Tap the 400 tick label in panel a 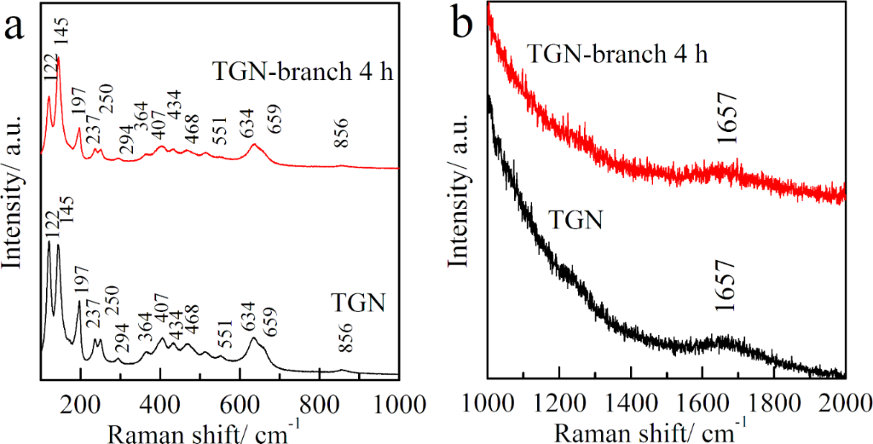point(159,403)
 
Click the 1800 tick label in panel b point(774,401)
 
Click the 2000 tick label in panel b point(844,401)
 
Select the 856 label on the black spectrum point(345,344)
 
